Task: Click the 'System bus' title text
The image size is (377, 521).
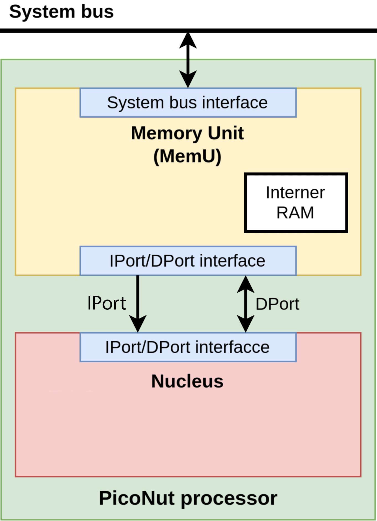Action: pyautogui.click(x=61, y=12)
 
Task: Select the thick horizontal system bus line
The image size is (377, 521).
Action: pyautogui.click(x=188, y=30)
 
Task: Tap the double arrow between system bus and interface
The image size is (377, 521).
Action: pyautogui.click(x=188, y=60)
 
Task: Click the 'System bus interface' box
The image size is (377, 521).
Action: pyautogui.click(x=188, y=103)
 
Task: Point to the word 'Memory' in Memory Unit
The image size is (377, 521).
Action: pyautogui.click(x=167, y=134)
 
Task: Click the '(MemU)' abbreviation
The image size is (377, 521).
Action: pyautogui.click(x=187, y=156)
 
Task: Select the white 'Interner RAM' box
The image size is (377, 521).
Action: pyautogui.click(x=296, y=203)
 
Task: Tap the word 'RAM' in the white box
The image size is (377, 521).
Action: pyautogui.click(x=295, y=213)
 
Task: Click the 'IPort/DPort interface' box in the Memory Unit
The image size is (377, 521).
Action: pyautogui.click(x=188, y=261)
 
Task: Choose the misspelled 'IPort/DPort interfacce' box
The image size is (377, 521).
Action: pyautogui.click(x=188, y=347)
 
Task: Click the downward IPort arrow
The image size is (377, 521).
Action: pyautogui.click(x=138, y=304)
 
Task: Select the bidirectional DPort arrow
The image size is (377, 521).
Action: pyautogui.click(x=246, y=304)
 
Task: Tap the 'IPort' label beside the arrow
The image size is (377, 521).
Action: pyautogui.click(x=107, y=303)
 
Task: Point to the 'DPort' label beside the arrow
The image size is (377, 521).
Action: pyautogui.click(x=277, y=304)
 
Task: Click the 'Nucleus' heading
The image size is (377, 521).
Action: pyautogui.click(x=187, y=381)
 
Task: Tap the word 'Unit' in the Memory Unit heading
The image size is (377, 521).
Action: pyautogui.click(x=226, y=133)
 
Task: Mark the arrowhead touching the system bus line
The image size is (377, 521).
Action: pyautogui.click(x=188, y=40)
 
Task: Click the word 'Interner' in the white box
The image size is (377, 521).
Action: pyautogui.click(x=295, y=192)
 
